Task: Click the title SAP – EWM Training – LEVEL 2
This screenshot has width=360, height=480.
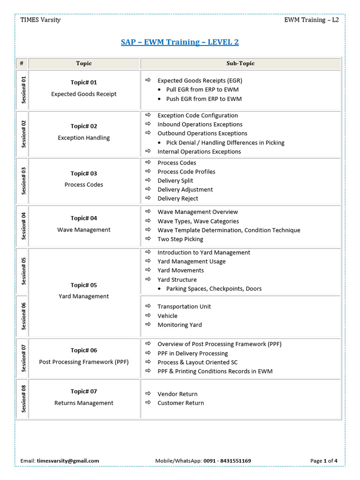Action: (180, 42)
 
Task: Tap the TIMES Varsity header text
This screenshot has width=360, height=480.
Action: (40, 20)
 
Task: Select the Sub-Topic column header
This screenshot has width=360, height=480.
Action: (240, 63)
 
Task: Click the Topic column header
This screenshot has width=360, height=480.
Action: (84, 63)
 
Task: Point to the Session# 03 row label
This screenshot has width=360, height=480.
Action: (23, 181)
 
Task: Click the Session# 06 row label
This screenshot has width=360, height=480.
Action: (23, 316)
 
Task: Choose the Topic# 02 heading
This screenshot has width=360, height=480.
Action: (84, 126)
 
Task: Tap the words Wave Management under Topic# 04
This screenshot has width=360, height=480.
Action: (84, 230)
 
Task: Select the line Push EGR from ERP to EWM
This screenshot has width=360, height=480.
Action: (204, 99)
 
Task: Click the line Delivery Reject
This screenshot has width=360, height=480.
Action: (178, 198)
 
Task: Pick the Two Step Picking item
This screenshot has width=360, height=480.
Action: (180, 239)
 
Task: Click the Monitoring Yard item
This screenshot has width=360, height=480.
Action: (180, 325)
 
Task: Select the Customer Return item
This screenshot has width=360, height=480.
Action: (180, 403)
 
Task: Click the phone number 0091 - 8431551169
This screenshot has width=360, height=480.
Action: (227, 461)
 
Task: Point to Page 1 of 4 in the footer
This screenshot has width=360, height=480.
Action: (324, 461)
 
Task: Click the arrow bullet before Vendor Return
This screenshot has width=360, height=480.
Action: (148, 394)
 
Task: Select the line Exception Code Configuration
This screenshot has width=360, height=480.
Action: (197, 115)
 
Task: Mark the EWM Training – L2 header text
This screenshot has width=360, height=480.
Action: (311, 20)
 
